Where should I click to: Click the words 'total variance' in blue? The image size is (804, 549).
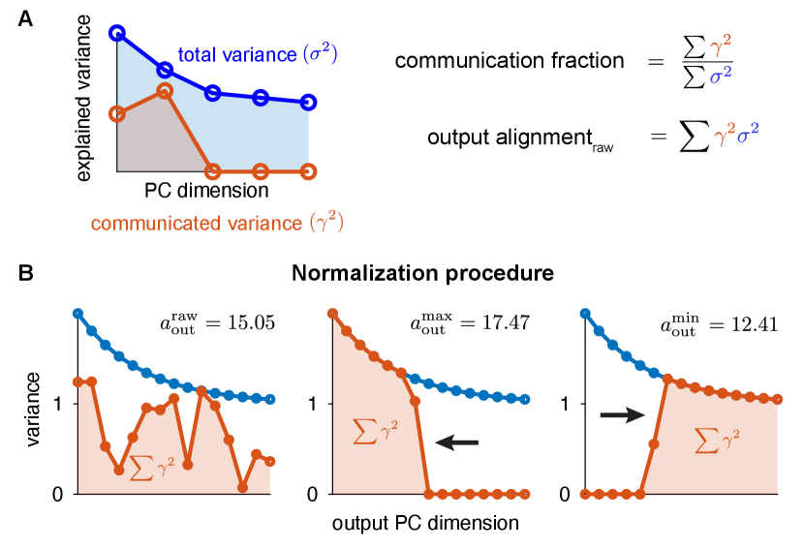pos(236,55)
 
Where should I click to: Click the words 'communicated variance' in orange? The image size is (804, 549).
pos(196,224)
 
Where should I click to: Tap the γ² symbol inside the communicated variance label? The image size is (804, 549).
pos(326,224)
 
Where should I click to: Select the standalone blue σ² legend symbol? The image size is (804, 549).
pos(721,75)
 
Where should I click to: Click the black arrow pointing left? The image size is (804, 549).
pos(456,442)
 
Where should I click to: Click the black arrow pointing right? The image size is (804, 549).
pos(622,415)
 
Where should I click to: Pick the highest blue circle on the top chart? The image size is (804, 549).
pos(117,33)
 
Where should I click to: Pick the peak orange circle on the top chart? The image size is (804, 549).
pos(165,90)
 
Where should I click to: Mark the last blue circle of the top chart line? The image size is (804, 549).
pos(308,103)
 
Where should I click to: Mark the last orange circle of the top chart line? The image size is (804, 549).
pos(308,171)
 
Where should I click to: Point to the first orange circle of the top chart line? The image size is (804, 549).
pos(117,113)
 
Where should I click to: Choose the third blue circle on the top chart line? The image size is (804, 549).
pos(213,92)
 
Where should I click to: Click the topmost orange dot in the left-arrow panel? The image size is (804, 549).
pos(333,313)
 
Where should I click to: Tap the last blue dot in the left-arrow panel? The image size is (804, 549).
pos(525,399)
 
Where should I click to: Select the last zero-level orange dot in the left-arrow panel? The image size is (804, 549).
pos(525,493)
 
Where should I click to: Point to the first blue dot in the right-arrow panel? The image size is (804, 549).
pos(584,313)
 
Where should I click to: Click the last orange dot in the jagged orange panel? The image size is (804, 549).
pos(270,461)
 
